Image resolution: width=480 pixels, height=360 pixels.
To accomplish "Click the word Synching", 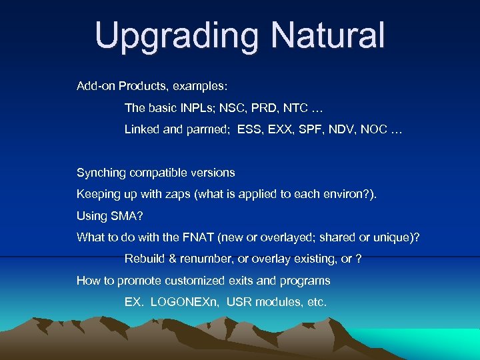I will [x=101, y=173].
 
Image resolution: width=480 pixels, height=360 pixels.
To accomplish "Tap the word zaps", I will [x=191, y=194].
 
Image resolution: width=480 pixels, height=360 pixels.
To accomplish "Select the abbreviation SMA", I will [x=125, y=216].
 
